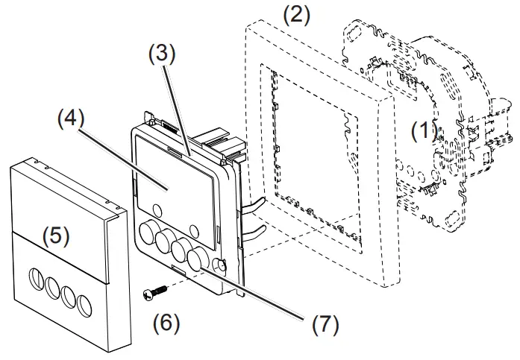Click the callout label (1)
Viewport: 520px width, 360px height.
tap(424, 132)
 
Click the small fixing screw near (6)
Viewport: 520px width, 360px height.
tap(154, 293)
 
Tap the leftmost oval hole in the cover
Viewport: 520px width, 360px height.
tap(38, 280)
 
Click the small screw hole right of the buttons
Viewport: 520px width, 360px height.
tap(219, 264)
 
